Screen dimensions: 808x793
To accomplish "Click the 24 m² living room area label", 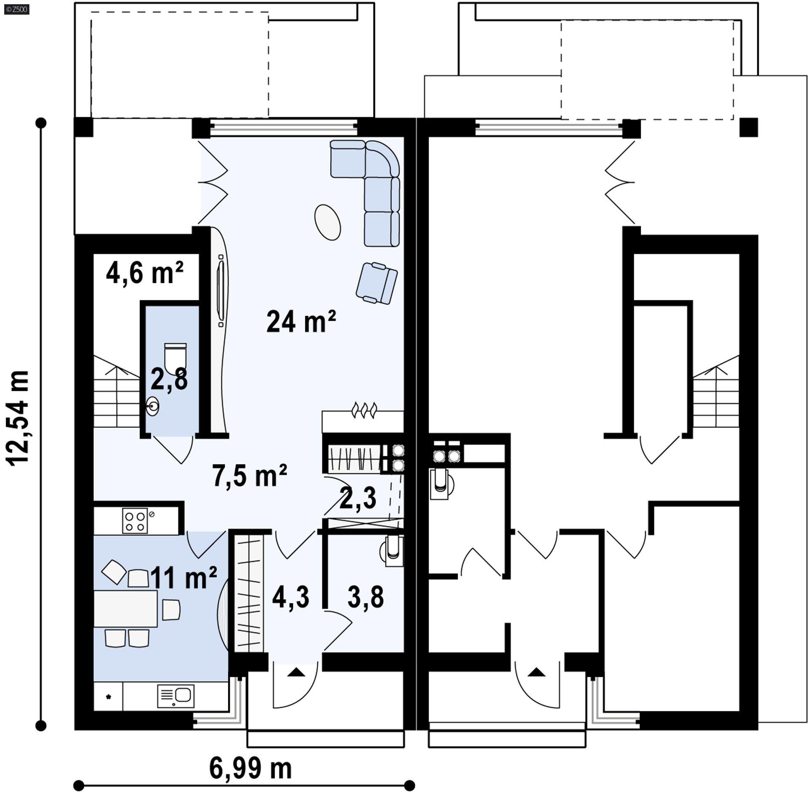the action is click(301, 322).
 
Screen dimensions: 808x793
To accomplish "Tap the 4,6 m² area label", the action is click(144, 272).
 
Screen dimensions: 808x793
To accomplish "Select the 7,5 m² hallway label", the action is click(250, 476).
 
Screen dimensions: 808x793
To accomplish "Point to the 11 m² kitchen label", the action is click(183, 577).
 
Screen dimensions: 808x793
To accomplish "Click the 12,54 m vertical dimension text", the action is click(19, 418).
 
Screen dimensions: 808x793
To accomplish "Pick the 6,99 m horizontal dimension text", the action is click(250, 756).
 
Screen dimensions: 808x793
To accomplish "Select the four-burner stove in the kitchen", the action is click(135, 521).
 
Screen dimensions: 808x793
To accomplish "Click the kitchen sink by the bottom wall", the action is click(175, 696).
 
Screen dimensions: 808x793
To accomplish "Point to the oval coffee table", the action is click(327, 222).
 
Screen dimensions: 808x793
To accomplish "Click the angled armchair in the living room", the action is click(377, 282).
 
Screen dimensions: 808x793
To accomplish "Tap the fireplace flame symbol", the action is click(364, 410).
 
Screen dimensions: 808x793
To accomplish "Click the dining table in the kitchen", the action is click(125, 609).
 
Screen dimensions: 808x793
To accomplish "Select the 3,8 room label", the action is click(365, 597).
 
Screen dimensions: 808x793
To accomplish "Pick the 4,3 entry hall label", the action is click(290, 597).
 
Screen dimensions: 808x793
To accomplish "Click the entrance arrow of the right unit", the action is click(536, 672).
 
